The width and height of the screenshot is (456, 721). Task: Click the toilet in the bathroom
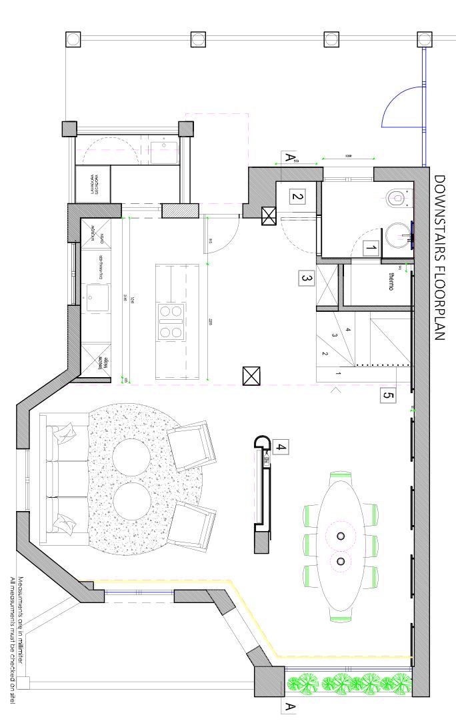[397, 198]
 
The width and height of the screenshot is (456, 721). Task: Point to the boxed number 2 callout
[297, 197]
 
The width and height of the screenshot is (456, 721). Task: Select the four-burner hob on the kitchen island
[170, 321]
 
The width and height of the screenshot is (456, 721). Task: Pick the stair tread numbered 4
[348, 329]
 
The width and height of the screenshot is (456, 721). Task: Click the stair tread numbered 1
[338, 374]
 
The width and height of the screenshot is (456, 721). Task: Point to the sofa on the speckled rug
[62, 478]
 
